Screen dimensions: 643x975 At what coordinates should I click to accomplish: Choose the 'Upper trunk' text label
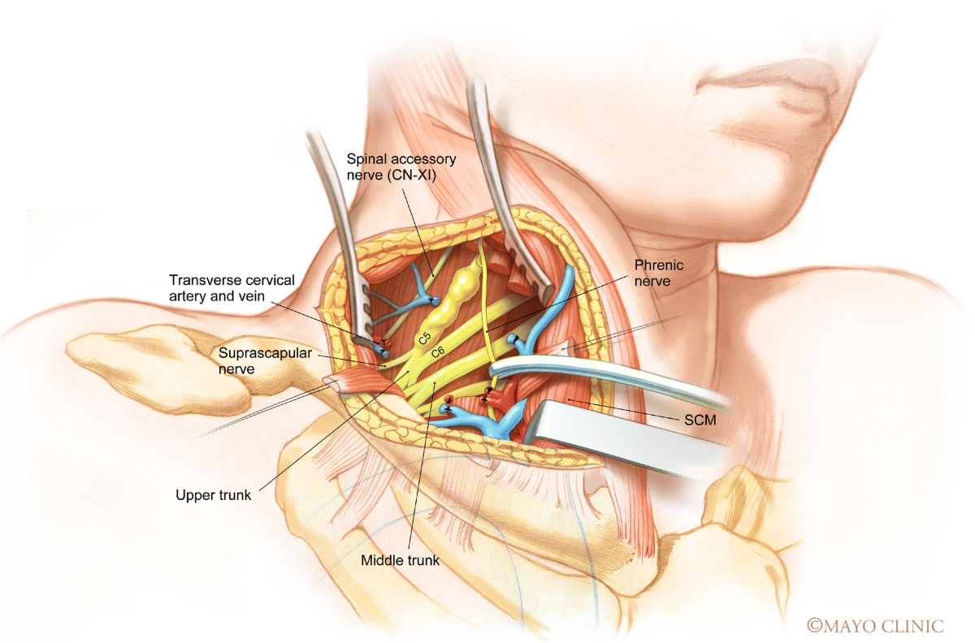click(x=214, y=494)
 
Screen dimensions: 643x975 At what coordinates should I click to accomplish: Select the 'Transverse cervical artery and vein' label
click(x=232, y=287)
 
